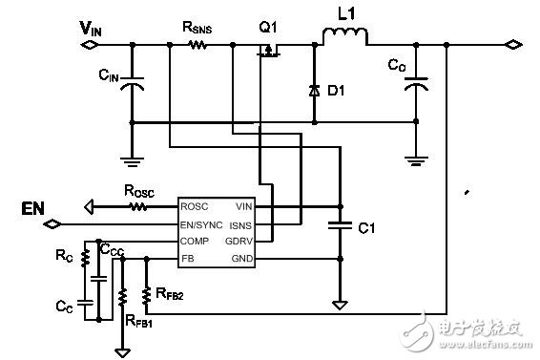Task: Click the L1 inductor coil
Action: pyautogui.click(x=343, y=38)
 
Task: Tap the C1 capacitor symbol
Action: pyautogui.click(x=338, y=227)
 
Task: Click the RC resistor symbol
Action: pyautogui.click(x=84, y=258)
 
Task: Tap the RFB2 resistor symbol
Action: pyautogui.click(x=146, y=296)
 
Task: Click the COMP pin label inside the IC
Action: pyautogui.click(x=197, y=242)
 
